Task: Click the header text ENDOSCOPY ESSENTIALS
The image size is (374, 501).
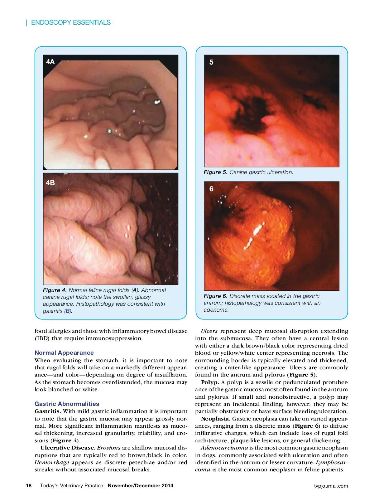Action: click(71, 22)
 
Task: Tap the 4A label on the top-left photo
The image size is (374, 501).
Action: click(50, 62)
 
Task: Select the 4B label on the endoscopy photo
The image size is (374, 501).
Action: click(50, 183)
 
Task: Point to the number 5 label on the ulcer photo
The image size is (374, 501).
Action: click(211, 62)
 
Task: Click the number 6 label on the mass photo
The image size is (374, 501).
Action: click(211, 189)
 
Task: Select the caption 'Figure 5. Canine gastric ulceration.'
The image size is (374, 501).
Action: click(248, 172)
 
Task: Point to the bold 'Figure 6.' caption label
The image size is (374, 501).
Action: click(215, 296)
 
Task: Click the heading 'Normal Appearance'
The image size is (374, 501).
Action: click(64, 353)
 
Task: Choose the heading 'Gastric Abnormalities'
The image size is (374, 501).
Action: click(67, 404)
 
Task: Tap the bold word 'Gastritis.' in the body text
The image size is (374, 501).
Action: click(48, 411)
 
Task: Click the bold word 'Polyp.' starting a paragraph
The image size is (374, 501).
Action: click(210, 382)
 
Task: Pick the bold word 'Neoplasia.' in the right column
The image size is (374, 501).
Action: click(215, 419)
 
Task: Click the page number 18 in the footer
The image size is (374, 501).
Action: click(29, 486)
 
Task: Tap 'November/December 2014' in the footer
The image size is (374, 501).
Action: click(140, 486)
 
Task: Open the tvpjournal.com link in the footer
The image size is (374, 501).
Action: click(331, 486)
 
